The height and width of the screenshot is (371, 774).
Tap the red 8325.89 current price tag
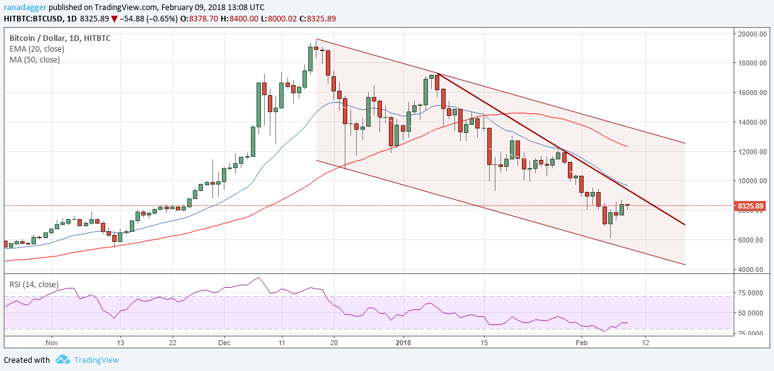pos(751,206)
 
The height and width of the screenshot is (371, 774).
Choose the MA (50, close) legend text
pos(35,59)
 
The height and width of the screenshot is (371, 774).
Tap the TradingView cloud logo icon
pos(62,360)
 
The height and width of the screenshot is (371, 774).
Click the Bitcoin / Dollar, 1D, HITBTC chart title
pos(60,38)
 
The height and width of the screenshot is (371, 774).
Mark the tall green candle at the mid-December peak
pos(310,59)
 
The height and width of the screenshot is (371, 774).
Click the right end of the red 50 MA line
pos(627,146)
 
